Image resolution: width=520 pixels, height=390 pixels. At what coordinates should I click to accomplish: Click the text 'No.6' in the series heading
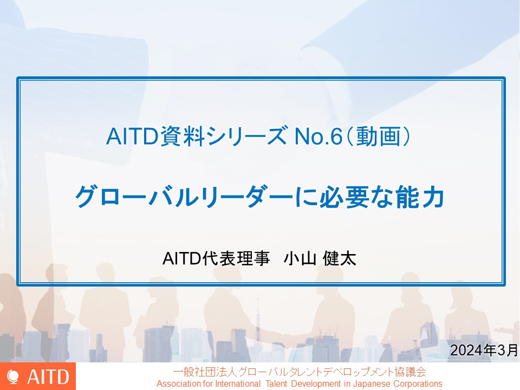[x=318, y=136]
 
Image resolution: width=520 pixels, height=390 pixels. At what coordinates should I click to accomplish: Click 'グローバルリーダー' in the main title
[x=184, y=197]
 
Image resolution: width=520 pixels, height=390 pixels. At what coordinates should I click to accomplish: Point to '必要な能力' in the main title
[x=382, y=197]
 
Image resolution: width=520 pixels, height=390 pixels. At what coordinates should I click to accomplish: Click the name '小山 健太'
[x=320, y=259]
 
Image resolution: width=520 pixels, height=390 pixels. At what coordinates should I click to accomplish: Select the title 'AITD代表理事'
[x=216, y=259]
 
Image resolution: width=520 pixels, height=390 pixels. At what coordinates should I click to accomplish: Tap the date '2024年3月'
[x=484, y=350]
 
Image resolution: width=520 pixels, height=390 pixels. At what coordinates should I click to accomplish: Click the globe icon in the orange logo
[x=13, y=377]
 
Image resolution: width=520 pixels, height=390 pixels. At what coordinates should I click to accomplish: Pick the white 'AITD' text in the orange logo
[x=48, y=377]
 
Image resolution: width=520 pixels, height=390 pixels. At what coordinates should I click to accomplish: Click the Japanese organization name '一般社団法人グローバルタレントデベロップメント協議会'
[x=300, y=372]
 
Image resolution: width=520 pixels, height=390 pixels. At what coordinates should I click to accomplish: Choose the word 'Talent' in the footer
[x=276, y=383]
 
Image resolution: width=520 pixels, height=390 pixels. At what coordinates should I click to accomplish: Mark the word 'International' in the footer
[x=238, y=383]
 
